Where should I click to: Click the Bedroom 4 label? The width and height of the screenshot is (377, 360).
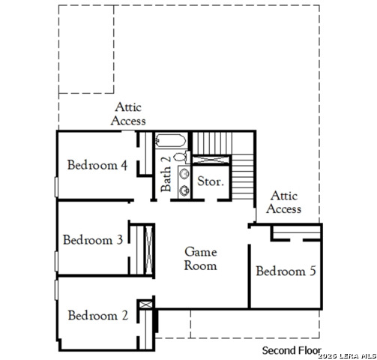pos(97,165)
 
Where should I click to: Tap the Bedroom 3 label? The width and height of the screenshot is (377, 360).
pos(93,240)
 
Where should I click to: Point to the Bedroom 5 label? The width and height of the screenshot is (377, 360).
pos(286,271)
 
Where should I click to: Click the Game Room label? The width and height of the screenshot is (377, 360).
pos(201,259)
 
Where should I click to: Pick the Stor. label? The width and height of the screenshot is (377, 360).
pos(211,181)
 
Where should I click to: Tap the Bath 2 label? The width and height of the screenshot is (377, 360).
pos(166,175)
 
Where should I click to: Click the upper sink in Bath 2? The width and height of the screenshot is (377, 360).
pos(184,174)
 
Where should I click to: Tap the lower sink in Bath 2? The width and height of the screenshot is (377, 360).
pos(184,189)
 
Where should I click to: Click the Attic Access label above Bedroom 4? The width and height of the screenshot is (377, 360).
pos(128,114)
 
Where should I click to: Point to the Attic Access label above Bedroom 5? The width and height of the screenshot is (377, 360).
pos(284,202)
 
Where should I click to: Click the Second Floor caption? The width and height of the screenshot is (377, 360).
pos(291,350)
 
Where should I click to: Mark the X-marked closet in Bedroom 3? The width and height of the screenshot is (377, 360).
pos(148,248)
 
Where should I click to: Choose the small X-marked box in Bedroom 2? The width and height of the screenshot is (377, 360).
pos(145,304)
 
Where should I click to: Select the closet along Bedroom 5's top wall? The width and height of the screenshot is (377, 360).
pos(296,236)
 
